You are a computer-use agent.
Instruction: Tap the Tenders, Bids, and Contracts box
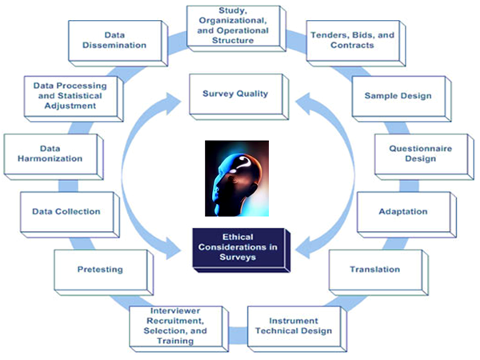pos(342,40)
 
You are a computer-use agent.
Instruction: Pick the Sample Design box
pos(398,95)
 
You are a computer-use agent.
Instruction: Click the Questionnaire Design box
pos(412,153)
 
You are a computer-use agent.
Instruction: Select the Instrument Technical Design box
pos(289,325)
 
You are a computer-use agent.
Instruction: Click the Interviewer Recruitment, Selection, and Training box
pos(174,325)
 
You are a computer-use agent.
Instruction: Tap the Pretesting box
pos(99,269)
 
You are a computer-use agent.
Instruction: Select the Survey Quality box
pos(234,94)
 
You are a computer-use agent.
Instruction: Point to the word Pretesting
pos(99,269)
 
